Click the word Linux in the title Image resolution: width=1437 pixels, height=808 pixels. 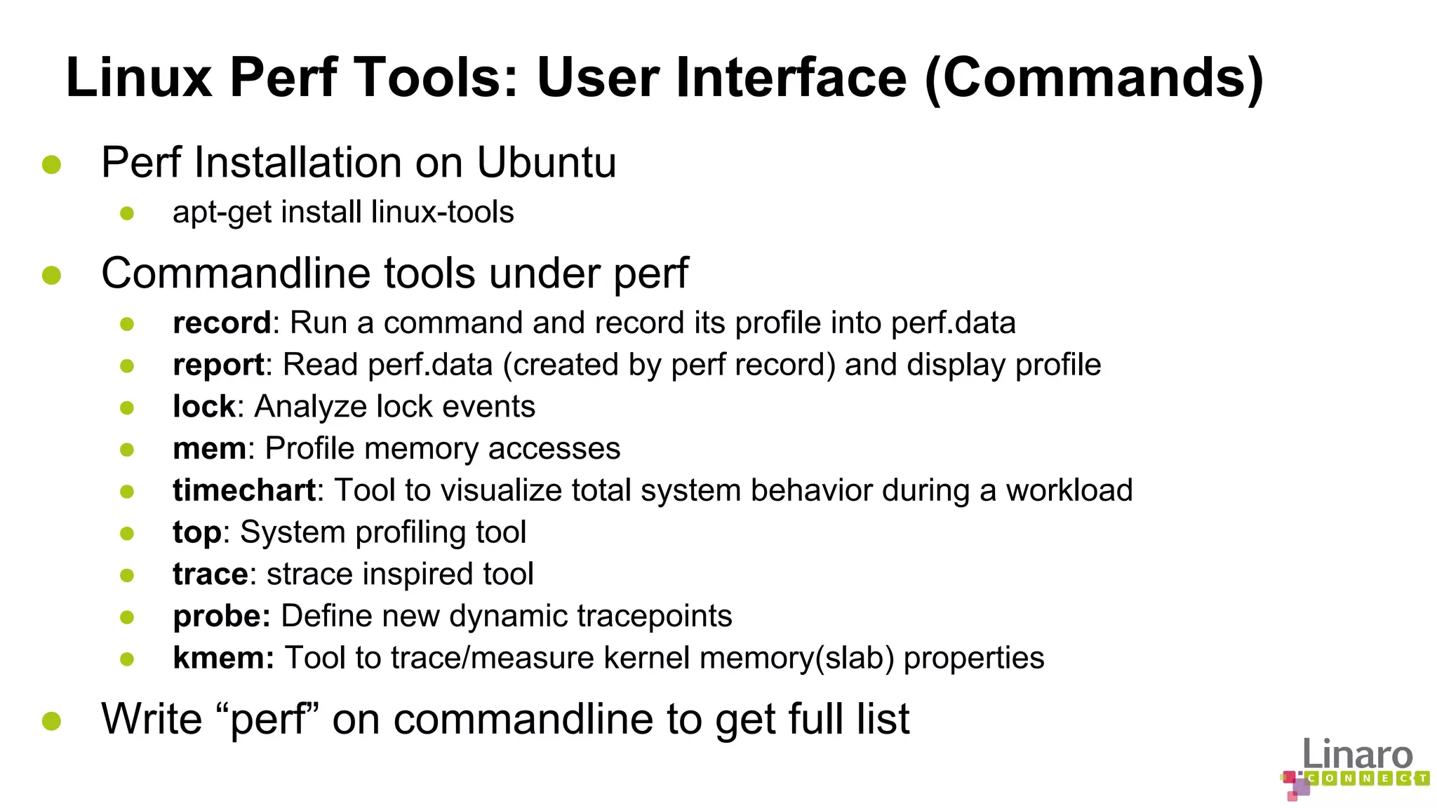pos(139,77)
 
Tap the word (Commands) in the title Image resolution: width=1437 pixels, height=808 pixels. pos(1094,79)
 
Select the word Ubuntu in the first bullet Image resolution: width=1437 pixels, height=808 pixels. pos(546,163)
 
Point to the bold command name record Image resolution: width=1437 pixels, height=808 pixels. pos(222,323)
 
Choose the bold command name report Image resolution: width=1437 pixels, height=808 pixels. pos(218,365)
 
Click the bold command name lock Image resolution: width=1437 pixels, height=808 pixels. pos(204,406)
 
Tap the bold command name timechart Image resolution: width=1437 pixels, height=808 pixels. pos(244,490)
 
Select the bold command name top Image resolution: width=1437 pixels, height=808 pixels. pos(197,533)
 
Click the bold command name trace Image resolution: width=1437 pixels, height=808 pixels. pos(210,574)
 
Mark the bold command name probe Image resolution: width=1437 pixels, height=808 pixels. pos(221,617)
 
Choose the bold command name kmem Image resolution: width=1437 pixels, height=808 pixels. pos(223,658)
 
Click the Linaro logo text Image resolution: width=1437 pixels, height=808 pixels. pos(1357,755)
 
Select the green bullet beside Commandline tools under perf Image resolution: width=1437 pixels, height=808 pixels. pos(51,275)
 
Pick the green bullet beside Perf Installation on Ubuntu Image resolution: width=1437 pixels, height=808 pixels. pos(51,164)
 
